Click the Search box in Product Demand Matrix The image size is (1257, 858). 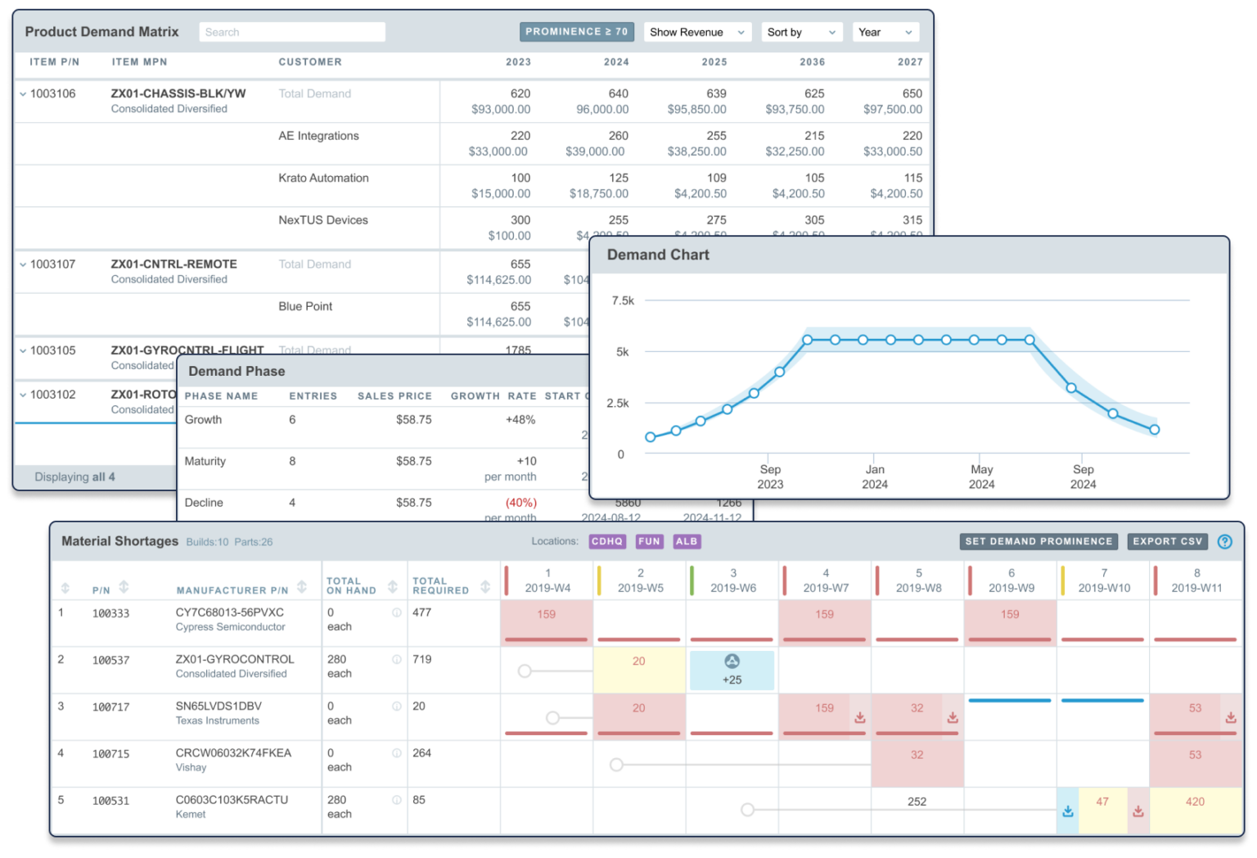(x=292, y=32)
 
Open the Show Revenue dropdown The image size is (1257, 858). (x=697, y=32)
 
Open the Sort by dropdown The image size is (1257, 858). (x=801, y=32)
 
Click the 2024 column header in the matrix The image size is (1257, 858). (x=616, y=62)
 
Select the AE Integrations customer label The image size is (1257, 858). (x=318, y=136)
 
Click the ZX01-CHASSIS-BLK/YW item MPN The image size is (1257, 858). (x=178, y=93)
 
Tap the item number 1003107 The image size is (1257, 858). (x=52, y=264)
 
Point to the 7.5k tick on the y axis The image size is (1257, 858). (x=623, y=300)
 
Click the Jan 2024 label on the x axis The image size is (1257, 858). (x=875, y=476)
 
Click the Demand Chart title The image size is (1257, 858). (x=658, y=255)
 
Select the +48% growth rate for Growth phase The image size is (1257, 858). (x=520, y=419)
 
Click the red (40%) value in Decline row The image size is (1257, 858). (x=521, y=503)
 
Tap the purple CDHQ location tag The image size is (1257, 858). (x=607, y=541)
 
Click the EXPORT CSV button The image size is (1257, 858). (x=1167, y=541)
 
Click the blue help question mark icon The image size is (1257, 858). (x=1225, y=541)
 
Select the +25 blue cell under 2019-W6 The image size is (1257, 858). (x=732, y=671)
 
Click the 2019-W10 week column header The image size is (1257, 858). (x=1104, y=580)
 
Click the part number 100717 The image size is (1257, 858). (x=110, y=707)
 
